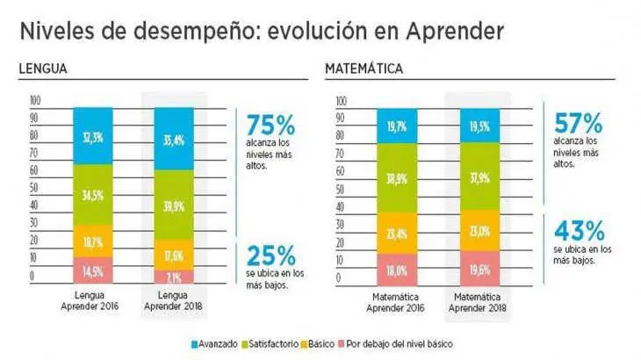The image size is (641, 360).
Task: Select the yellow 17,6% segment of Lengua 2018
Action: tap(174, 256)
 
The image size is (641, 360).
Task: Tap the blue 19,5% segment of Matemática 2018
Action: tap(479, 126)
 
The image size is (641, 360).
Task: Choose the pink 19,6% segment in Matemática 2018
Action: tap(479, 269)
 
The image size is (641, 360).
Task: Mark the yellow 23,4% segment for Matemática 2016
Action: tap(398, 234)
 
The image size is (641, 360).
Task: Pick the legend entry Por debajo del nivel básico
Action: tap(396, 342)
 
